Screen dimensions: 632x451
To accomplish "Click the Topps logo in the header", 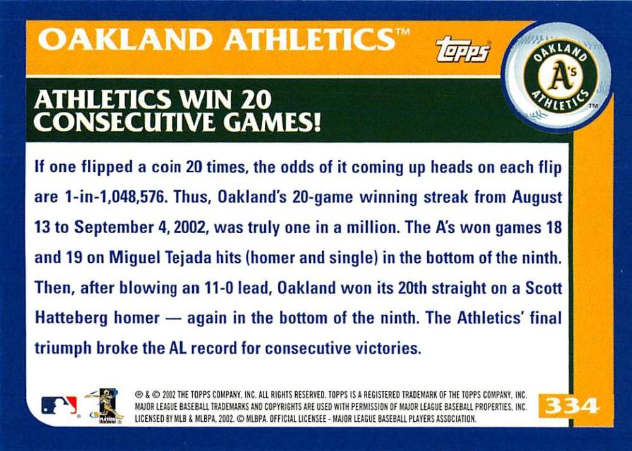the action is point(463,49).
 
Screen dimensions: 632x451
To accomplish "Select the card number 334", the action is point(572,406).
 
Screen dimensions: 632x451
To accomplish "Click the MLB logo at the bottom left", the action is point(59,405).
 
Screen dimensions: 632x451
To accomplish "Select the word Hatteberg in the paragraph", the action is point(71,318).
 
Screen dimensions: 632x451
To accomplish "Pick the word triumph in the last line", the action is point(63,349).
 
